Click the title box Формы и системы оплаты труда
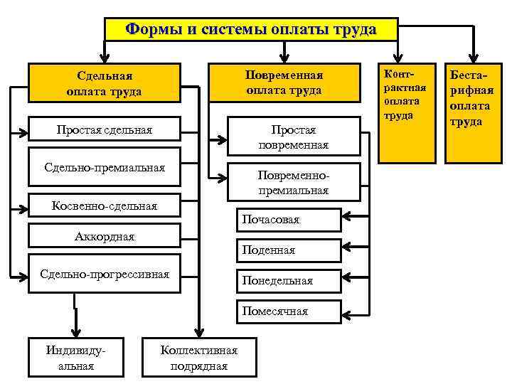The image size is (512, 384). coord(250,30)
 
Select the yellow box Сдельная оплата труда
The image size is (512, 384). coord(104,82)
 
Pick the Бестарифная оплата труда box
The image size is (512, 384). coord(470,112)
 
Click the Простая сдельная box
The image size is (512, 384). coord(104,130)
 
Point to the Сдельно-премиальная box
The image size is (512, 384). coord(104,168)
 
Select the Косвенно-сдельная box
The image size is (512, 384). coord(104,206)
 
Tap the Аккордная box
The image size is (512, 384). coord(104,236)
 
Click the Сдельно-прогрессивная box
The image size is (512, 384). coord(104,274)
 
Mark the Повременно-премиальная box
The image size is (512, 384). coord(294,182)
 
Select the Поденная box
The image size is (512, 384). coord(289,250)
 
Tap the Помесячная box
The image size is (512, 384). coord(289,311)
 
